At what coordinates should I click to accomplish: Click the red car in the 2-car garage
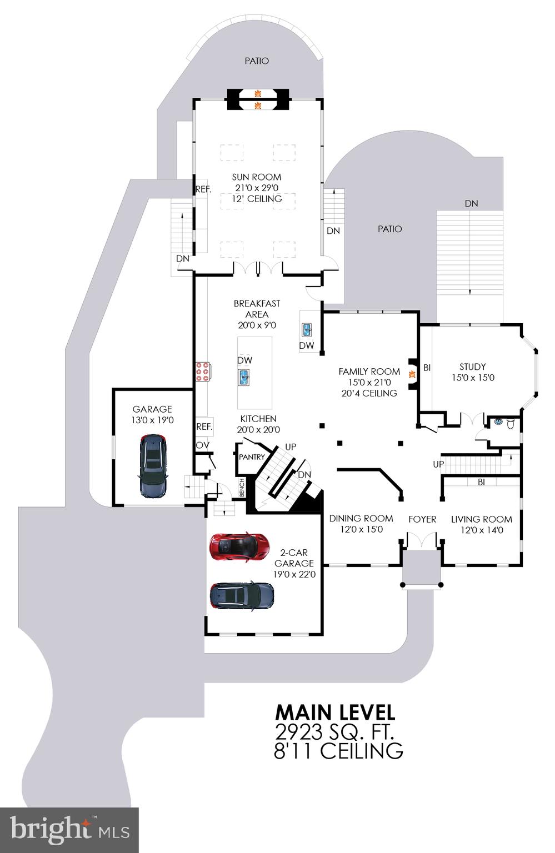239,545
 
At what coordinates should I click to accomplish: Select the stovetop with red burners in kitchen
202,372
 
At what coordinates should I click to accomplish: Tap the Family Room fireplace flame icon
412,374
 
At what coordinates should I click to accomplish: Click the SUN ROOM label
256,177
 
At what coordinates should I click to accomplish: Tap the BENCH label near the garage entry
242,488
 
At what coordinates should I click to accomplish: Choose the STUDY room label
472,367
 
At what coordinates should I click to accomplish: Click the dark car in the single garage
153,466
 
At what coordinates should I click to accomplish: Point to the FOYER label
422,519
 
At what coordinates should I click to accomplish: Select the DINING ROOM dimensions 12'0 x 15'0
361,529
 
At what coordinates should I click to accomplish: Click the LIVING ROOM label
481,519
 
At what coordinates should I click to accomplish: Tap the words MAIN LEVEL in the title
335,712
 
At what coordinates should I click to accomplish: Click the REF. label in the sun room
203,189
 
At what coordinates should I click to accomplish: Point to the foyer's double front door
422,541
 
